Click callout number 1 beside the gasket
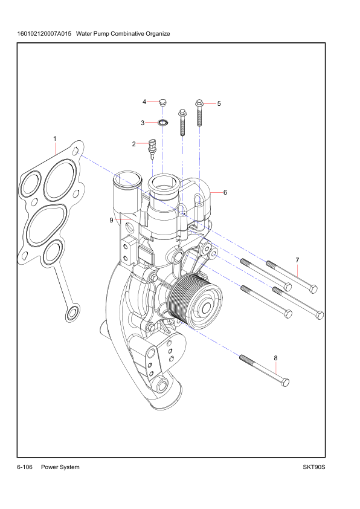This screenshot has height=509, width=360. click(x=55, y=138)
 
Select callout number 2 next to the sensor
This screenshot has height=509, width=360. click(x=133, y=144)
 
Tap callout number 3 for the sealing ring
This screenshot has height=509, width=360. click(x=143, y=123)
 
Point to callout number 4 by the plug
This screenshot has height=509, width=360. click(x=144, y=102)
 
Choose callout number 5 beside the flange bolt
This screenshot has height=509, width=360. click(x=219, y=103)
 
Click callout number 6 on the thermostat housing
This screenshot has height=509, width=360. click(x=225, y=192)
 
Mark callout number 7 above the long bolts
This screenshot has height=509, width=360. click(x=297, y=260)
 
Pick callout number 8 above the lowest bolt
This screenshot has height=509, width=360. click(x=275, y=358)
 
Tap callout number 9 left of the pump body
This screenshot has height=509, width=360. click(x=111, y=220)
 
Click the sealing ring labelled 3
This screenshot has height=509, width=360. click(x=163, y=123)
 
